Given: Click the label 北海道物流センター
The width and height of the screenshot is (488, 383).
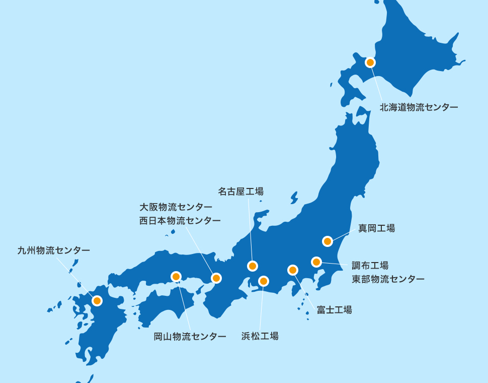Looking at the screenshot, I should [419, 107].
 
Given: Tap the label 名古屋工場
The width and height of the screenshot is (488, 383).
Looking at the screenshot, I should [240, 191].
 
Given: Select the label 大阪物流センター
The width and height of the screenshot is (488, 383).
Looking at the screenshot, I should [176, 207].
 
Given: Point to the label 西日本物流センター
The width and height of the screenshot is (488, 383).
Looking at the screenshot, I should [180, 221].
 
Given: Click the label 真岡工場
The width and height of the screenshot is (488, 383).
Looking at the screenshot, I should [376, 228].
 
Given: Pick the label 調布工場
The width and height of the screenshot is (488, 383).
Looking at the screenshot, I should [370, 266].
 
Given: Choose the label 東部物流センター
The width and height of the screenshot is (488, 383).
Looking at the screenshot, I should [387, 279].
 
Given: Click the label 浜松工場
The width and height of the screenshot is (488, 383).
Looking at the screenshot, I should [260, 336].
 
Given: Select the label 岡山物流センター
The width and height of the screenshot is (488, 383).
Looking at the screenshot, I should [190, 336].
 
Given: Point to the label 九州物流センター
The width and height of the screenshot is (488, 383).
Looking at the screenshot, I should [54, 250].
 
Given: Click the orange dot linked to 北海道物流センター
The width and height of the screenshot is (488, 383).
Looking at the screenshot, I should [370, 62].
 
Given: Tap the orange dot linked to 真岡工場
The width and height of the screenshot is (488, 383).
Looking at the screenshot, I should [328, 241].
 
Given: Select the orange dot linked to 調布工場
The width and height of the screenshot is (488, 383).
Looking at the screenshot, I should [316, 262].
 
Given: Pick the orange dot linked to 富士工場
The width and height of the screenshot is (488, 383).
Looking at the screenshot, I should [293, 270].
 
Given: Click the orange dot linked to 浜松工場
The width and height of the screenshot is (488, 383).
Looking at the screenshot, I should [264, 281].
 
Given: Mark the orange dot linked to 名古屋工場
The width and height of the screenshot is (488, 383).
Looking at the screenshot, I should [253, 266].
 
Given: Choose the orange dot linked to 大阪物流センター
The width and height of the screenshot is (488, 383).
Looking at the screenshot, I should [216, 278].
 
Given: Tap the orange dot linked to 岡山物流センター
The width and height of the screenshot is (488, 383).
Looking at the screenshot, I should [176, 277].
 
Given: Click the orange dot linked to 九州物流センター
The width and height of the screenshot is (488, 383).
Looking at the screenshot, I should [97, 301].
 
